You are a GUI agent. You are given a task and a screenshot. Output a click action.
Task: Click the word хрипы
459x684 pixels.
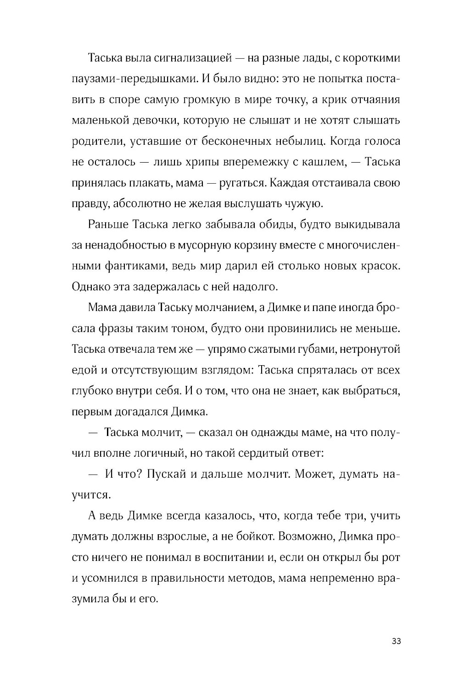coord(202,162)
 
